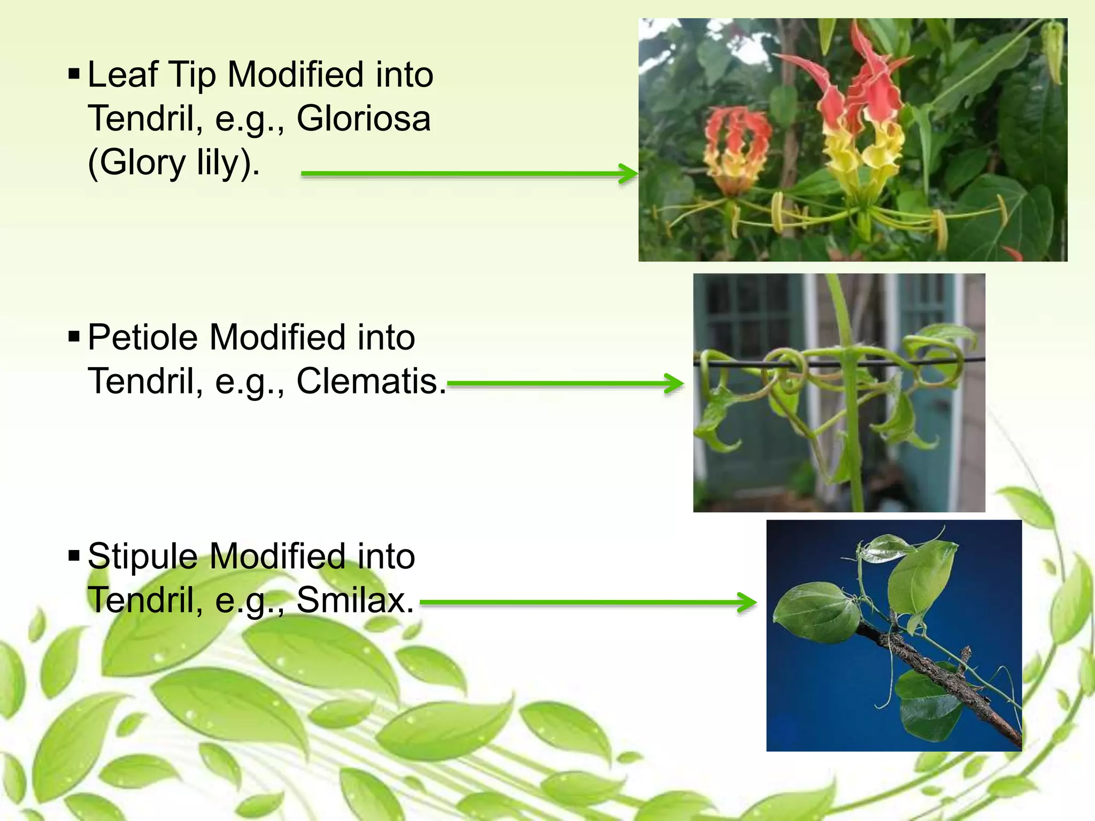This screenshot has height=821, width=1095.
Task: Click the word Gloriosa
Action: pos(364,118)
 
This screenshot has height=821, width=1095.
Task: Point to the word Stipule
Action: pos(143,556)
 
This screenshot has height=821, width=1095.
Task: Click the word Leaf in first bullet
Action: pos(122,74)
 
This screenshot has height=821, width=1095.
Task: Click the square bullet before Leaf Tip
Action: pos(74,74)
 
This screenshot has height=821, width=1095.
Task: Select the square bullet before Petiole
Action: pos(74,336)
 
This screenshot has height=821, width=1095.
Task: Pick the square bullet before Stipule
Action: pos(74,555)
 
